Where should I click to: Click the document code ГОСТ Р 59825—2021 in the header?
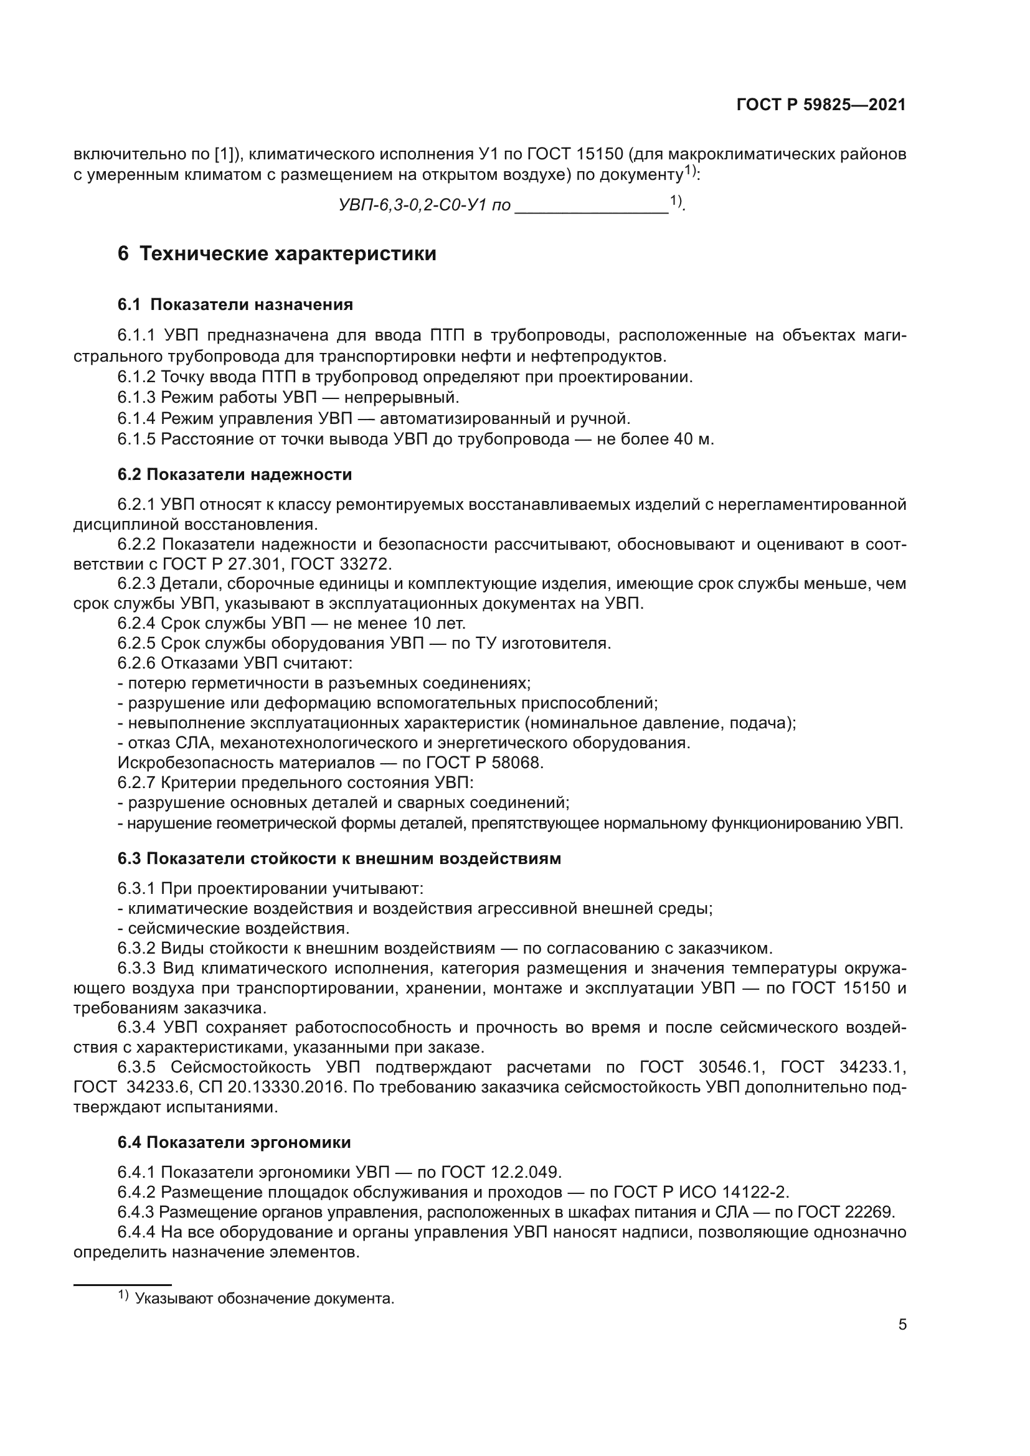tap(821, 105)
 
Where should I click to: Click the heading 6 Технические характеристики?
tap(277, 253)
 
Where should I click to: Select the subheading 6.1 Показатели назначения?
tap(235, 305)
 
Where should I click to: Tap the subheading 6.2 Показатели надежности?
tap(235, 474)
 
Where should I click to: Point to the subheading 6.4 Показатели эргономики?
tap(234, 1142)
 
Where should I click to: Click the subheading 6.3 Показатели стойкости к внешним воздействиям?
tap(339, 858)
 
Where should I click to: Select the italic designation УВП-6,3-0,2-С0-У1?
tap(415, 205)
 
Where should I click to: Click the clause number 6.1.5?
tap(136, 439)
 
